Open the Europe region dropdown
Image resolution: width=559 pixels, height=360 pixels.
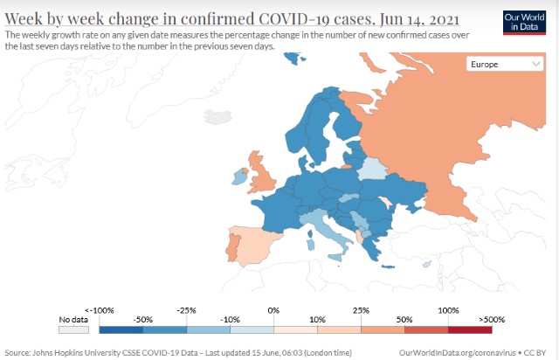(x=505, y=64)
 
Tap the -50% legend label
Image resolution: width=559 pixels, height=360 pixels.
(x=144, y=320)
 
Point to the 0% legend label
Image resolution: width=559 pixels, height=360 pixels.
(x=273, y=310)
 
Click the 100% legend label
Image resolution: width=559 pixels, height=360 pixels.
(x=449, y=310)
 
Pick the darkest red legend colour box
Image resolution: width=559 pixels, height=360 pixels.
(x=470, y=329)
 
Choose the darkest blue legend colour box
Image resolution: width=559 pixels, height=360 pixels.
(x=121, y=329)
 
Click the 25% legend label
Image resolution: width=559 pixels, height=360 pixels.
(x=361, y=310)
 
